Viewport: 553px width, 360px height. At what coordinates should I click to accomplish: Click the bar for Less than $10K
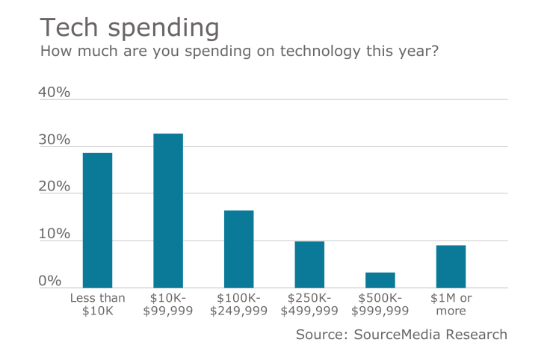click(x=97, y=220)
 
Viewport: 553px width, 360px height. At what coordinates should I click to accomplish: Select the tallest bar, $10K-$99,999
click(x=168, y=211)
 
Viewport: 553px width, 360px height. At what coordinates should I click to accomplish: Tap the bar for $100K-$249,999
click(x=238, y=249)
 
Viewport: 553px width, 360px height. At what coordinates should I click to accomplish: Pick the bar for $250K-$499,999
click(x=309, y=264)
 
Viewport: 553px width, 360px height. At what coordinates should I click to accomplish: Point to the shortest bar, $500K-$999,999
click(x=380, y=280)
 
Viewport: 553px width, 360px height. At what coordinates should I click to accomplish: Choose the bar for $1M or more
click(x=451, y=267)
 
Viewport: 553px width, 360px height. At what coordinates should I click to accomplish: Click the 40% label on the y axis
click(x=54, y=93)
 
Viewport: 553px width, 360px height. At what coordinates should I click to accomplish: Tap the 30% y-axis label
click(x=54, y=140)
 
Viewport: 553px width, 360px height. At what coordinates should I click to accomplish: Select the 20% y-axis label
click(x=54, y=187)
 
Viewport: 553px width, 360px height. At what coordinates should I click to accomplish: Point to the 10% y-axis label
click(x=54, y=235)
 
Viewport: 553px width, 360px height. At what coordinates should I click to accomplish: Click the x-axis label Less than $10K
click(x=97, y=304)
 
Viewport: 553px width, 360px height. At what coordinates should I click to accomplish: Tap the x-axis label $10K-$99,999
click(x=168, y=304)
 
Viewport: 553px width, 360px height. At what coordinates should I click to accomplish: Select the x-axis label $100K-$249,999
click(x=238, y=304)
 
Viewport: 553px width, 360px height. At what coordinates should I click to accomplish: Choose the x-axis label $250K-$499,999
click(x=309, y=304)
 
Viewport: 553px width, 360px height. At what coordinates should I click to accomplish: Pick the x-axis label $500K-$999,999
click(x=380, y=304)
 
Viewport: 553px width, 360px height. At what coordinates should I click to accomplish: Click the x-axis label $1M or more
click(x=451, y=304)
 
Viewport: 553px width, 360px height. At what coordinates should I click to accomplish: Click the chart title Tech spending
click(x=129, y=27)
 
